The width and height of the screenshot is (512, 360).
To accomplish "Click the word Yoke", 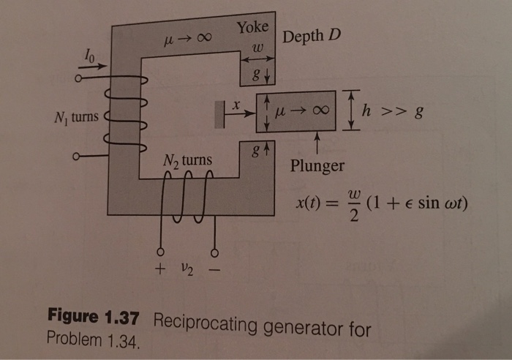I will (x=252, y=28).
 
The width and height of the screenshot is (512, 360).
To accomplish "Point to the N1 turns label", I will (x=76, y=117).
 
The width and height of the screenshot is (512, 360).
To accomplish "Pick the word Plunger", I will (x=317, y=165).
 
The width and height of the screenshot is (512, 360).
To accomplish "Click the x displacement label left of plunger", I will (x=236, y=105).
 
